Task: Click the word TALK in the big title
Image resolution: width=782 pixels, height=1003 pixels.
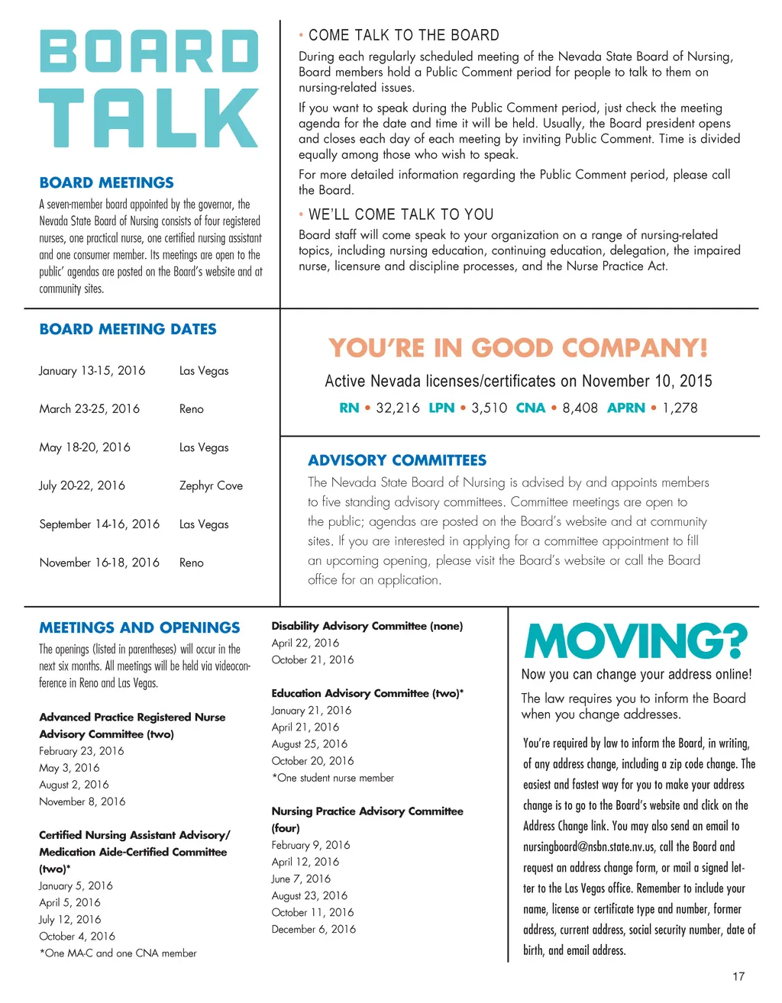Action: tap(149, 118)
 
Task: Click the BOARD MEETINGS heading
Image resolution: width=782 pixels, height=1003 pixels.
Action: tap(107, 182)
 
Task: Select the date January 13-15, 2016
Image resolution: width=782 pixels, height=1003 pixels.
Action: tap(92, 370)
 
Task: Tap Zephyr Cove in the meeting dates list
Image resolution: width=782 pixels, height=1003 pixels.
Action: tap(211, 485)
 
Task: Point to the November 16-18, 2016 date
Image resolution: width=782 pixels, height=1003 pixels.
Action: tap(99, 563)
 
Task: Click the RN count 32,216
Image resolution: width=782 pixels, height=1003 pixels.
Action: tap(398, 408)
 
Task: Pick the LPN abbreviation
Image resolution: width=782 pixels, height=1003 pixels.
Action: tap(441, 408)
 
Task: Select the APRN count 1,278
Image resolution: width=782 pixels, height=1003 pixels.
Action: tap(680, 408)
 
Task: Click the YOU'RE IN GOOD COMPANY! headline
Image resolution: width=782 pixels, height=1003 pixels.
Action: tap(519, 348)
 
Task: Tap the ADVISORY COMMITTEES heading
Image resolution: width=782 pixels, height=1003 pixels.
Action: tap(397, 460)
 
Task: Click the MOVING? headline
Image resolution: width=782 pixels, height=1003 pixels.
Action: tap(635, 642)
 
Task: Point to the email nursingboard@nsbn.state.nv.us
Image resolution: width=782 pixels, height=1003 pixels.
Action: tap(589, 847)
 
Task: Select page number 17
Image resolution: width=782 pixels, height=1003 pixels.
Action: tap(738, 976)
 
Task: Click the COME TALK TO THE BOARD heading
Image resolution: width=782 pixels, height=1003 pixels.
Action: tap(403, 35)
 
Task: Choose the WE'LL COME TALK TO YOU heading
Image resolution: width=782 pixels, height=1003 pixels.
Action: tap(401, 214)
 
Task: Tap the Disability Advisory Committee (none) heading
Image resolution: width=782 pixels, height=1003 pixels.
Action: tap(367, 626)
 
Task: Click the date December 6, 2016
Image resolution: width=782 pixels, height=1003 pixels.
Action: tap(314, 929)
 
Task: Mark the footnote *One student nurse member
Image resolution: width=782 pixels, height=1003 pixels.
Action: tap(333, 778)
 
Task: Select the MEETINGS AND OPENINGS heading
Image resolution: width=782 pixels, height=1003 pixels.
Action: tap(140, 627)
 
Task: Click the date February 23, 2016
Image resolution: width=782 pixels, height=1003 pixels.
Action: tap(82, 751)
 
